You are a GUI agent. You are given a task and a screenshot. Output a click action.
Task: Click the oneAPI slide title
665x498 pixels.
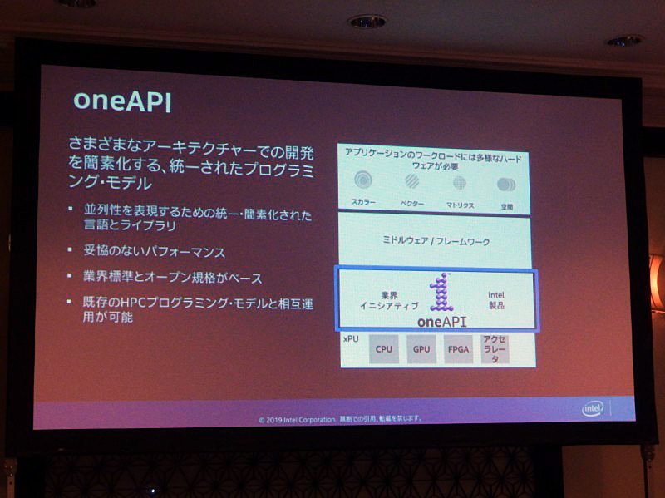tap(122, 99)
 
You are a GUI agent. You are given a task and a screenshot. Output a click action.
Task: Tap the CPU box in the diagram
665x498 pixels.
tap(383, 349)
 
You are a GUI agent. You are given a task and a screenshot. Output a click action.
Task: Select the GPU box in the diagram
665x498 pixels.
tap(421, 349)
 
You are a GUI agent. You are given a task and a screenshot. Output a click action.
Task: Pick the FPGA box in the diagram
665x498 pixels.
tap(458, 349)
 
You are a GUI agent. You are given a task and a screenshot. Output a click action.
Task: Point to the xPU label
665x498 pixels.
tap(350, 339)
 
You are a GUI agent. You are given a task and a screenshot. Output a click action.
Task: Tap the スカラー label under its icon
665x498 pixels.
tap(364, 202)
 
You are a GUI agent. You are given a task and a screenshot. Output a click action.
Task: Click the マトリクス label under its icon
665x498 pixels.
tap(459, 204)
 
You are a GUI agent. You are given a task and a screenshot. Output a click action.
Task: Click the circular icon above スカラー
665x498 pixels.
tap(363, 180)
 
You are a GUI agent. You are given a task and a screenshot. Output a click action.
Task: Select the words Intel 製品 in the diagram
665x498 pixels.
tap(496, 299)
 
